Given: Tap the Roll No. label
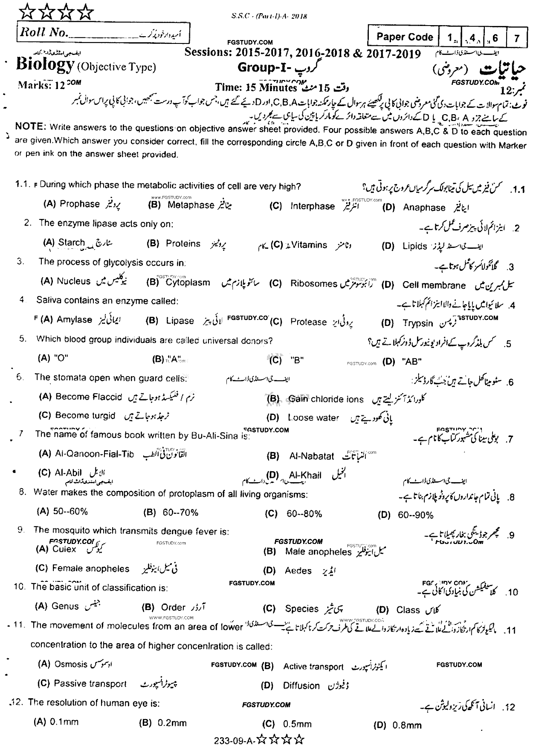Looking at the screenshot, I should tap(42, 34).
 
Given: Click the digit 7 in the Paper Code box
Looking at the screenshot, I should tap(517, 38).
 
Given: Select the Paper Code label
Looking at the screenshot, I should tap(404, 37).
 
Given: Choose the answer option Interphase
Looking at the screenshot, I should tap(312, 206).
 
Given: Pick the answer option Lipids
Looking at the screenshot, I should tap(414, 246).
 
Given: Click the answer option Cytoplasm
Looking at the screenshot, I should tap(188, 282).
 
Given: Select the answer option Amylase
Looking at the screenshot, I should tap(74, 319).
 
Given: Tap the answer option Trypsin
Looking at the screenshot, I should tap(417, 323).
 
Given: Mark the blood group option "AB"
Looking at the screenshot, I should tap(411, 362).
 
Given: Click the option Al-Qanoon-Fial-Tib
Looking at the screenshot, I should tap(94, 454).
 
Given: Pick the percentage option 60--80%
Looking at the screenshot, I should tap(304, 514).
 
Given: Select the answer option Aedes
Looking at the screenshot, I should tap(298, 571).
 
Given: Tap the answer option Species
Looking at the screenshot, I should tap(301, 609).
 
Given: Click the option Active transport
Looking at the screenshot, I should tap(313, 667).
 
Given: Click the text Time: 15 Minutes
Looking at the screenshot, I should tap(256, 87).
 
